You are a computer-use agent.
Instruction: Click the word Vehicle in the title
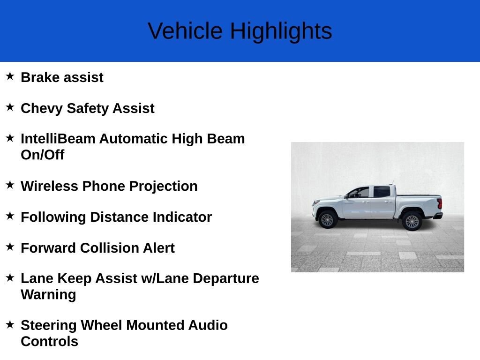[185, 30]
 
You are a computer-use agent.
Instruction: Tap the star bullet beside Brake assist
[10, 76]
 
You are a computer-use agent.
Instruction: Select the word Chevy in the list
[42, 109]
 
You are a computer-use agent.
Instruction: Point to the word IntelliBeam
[58, 139]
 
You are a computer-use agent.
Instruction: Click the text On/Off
[43, 155]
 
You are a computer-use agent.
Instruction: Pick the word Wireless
[49, 186]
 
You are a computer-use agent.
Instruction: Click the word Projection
[163, 187]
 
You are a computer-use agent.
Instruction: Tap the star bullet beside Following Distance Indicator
[10, 216]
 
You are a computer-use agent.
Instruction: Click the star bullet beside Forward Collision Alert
[10, 247]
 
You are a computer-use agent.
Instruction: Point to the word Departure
[226, 279]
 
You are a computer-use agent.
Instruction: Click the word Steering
[49, 326]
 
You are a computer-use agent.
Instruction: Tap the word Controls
[49, 342]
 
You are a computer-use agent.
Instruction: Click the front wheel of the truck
[327, 219]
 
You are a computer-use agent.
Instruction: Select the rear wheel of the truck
[412, 221]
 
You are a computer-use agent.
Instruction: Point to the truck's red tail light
[440, 204]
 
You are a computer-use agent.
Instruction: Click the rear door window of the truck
[382, 192]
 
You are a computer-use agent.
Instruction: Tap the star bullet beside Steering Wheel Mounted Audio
[10, 324]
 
